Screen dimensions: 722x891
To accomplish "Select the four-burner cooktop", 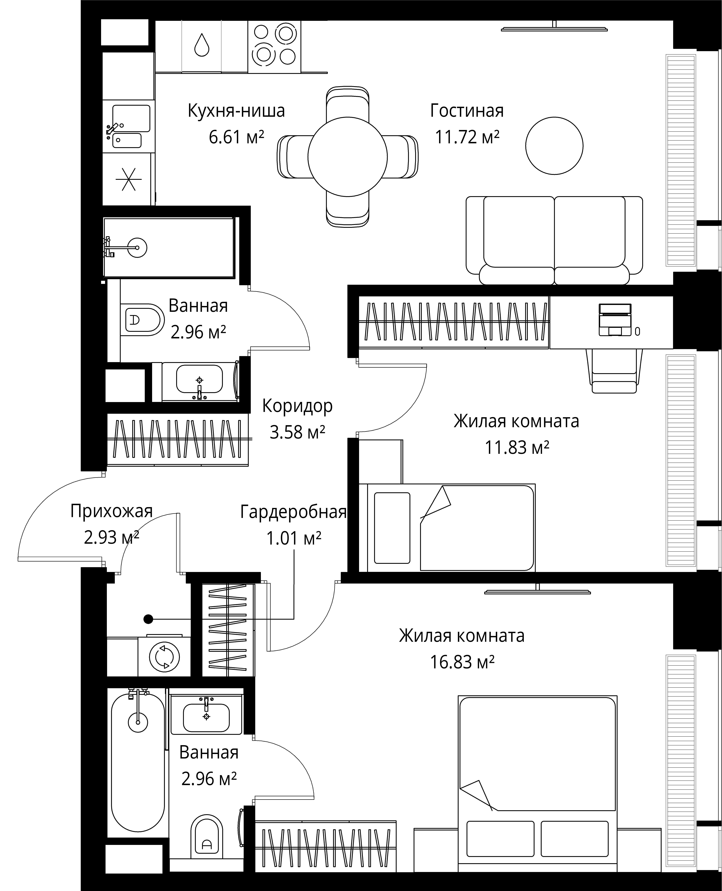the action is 274,47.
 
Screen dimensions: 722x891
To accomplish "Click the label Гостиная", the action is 467,111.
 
